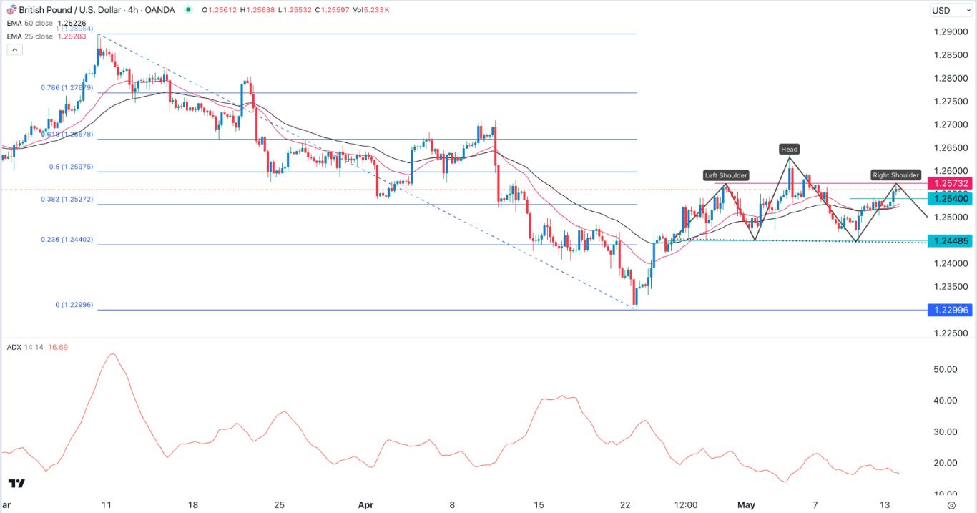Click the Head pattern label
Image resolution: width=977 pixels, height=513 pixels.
790,150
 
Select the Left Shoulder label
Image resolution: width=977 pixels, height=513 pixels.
726,175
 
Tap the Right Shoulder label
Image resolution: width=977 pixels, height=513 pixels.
895,175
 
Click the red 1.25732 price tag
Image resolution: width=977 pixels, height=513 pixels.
951,183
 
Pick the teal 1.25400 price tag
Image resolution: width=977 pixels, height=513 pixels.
951,198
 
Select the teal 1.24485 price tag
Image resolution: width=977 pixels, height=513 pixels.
951,241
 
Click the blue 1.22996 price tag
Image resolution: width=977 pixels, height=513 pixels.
951,310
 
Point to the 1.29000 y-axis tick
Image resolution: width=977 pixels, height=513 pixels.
951,33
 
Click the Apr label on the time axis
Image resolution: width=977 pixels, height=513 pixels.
365,504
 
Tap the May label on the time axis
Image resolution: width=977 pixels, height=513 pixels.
747,504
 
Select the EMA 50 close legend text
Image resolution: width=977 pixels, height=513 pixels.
30,24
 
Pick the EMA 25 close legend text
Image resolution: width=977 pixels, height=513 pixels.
30,35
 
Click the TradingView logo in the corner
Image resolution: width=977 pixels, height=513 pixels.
17,484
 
